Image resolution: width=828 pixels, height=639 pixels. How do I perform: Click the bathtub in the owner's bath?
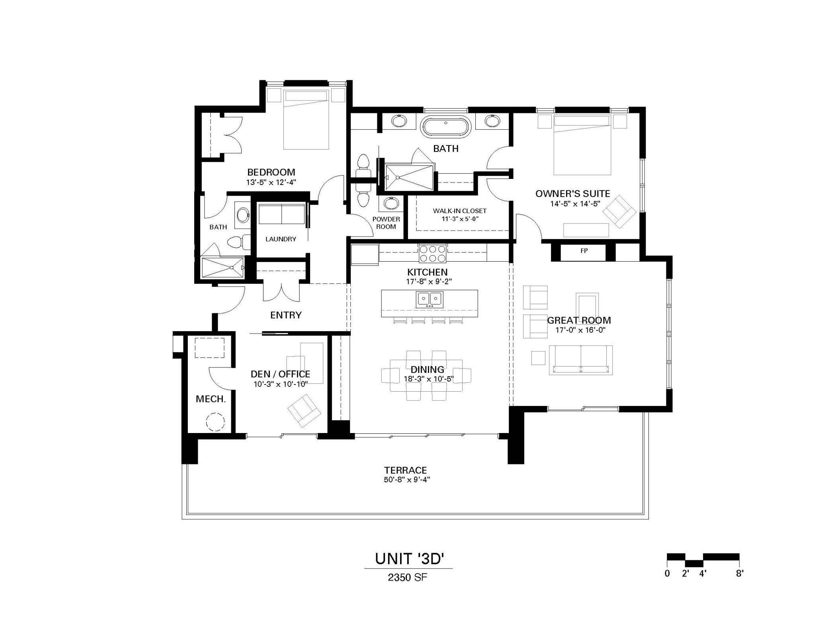(445, 126)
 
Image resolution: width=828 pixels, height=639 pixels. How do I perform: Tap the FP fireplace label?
(584, 251)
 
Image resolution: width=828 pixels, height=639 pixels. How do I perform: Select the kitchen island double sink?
(430, 299)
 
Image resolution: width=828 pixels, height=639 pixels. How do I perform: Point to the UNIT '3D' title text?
(409, 559)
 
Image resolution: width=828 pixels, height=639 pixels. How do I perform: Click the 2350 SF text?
(407, 577)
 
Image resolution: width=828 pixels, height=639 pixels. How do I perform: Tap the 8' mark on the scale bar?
(739, 573)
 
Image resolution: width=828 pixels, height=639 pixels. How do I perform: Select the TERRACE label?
(405, 470)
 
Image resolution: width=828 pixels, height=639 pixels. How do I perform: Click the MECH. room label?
(211, 399)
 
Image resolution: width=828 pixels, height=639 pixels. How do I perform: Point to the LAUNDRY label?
(281, 239)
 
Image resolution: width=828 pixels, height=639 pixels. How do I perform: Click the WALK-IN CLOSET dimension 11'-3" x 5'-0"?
(460, 219)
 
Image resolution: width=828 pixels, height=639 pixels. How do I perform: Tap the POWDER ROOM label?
(386, 223)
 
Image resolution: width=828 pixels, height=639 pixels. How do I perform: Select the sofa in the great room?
(580, 360)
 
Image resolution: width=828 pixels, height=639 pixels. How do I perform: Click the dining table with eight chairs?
(426, 375)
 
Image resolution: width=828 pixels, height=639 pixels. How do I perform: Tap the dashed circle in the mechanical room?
(215, 422)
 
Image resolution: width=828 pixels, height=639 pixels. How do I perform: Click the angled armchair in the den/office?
(304, 410)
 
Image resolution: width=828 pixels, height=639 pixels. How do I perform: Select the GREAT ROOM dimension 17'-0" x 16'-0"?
(580, 330)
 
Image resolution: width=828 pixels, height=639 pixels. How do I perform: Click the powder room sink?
(391, 203)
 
